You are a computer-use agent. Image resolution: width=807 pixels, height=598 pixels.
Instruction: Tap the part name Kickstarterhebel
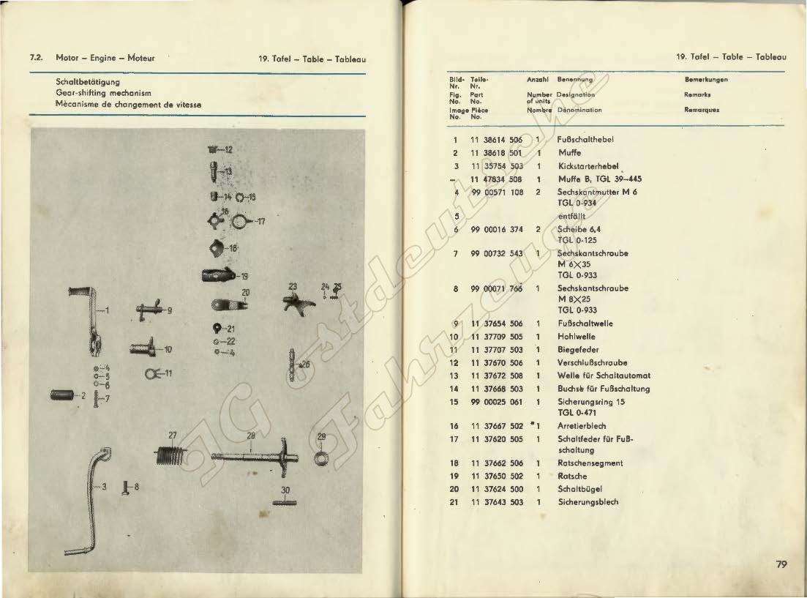[588, 166]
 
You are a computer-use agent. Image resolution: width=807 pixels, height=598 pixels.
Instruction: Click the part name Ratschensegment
[590, 463]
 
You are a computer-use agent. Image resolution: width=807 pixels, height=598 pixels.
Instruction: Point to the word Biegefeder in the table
[578, 350]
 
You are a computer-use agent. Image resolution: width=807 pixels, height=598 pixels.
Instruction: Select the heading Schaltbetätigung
[88, 82]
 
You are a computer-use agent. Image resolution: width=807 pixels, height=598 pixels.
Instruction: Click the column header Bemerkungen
[706, 80]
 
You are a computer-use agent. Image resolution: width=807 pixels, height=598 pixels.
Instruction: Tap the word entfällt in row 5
[571, 216]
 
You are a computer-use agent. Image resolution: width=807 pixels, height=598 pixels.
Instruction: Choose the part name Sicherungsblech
[588, 502]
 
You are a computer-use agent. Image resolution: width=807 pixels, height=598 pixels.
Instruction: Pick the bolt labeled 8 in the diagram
[125, 486]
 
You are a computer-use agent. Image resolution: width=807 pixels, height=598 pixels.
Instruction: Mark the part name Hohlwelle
[577, 337]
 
